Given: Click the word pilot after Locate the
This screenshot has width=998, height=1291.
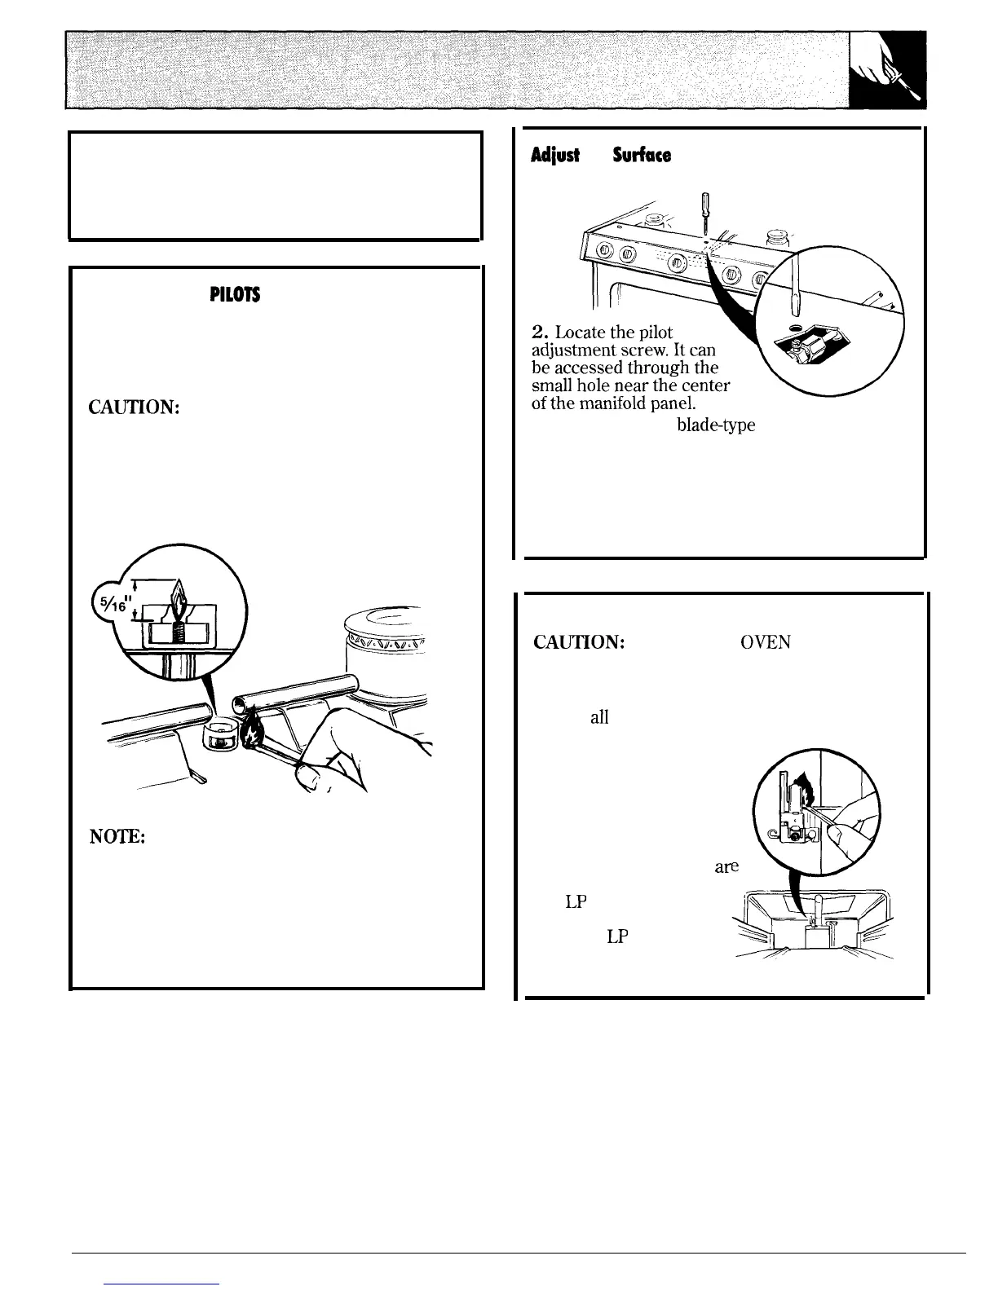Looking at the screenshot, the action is [x=654, y=333].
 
